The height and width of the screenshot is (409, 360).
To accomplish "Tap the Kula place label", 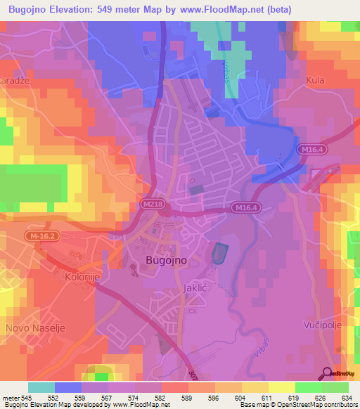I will point(316,81).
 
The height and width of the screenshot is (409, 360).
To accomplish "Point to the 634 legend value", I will point(347,398).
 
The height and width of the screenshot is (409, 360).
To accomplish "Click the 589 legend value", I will point(188,398).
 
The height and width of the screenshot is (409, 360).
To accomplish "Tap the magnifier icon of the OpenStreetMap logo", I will point(328,372).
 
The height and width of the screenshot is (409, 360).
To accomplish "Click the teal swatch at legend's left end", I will point(41,387).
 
